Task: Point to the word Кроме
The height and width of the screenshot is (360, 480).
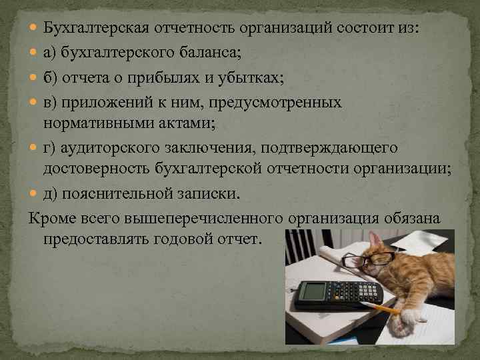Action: [49, 218]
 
